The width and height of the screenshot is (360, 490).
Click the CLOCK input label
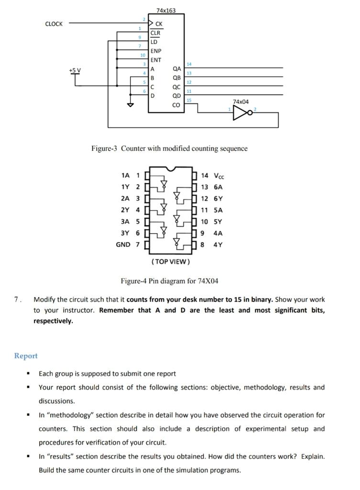(54, 24)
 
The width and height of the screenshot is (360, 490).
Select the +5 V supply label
(75, 70)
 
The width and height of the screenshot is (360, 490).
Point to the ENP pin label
(156, 51)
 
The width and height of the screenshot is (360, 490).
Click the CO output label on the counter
(176, 105)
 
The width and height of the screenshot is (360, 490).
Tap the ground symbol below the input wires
(128, 106)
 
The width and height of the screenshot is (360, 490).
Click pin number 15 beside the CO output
(189, 100)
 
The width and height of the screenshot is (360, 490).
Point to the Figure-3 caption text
(169, 148)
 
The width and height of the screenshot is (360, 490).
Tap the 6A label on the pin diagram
(218, 187)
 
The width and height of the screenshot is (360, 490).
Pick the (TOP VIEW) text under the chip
(170, 262)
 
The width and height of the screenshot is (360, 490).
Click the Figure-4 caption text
(169, 281)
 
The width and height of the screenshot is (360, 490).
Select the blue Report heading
(26, 356)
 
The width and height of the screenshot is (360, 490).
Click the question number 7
(17, 300)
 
